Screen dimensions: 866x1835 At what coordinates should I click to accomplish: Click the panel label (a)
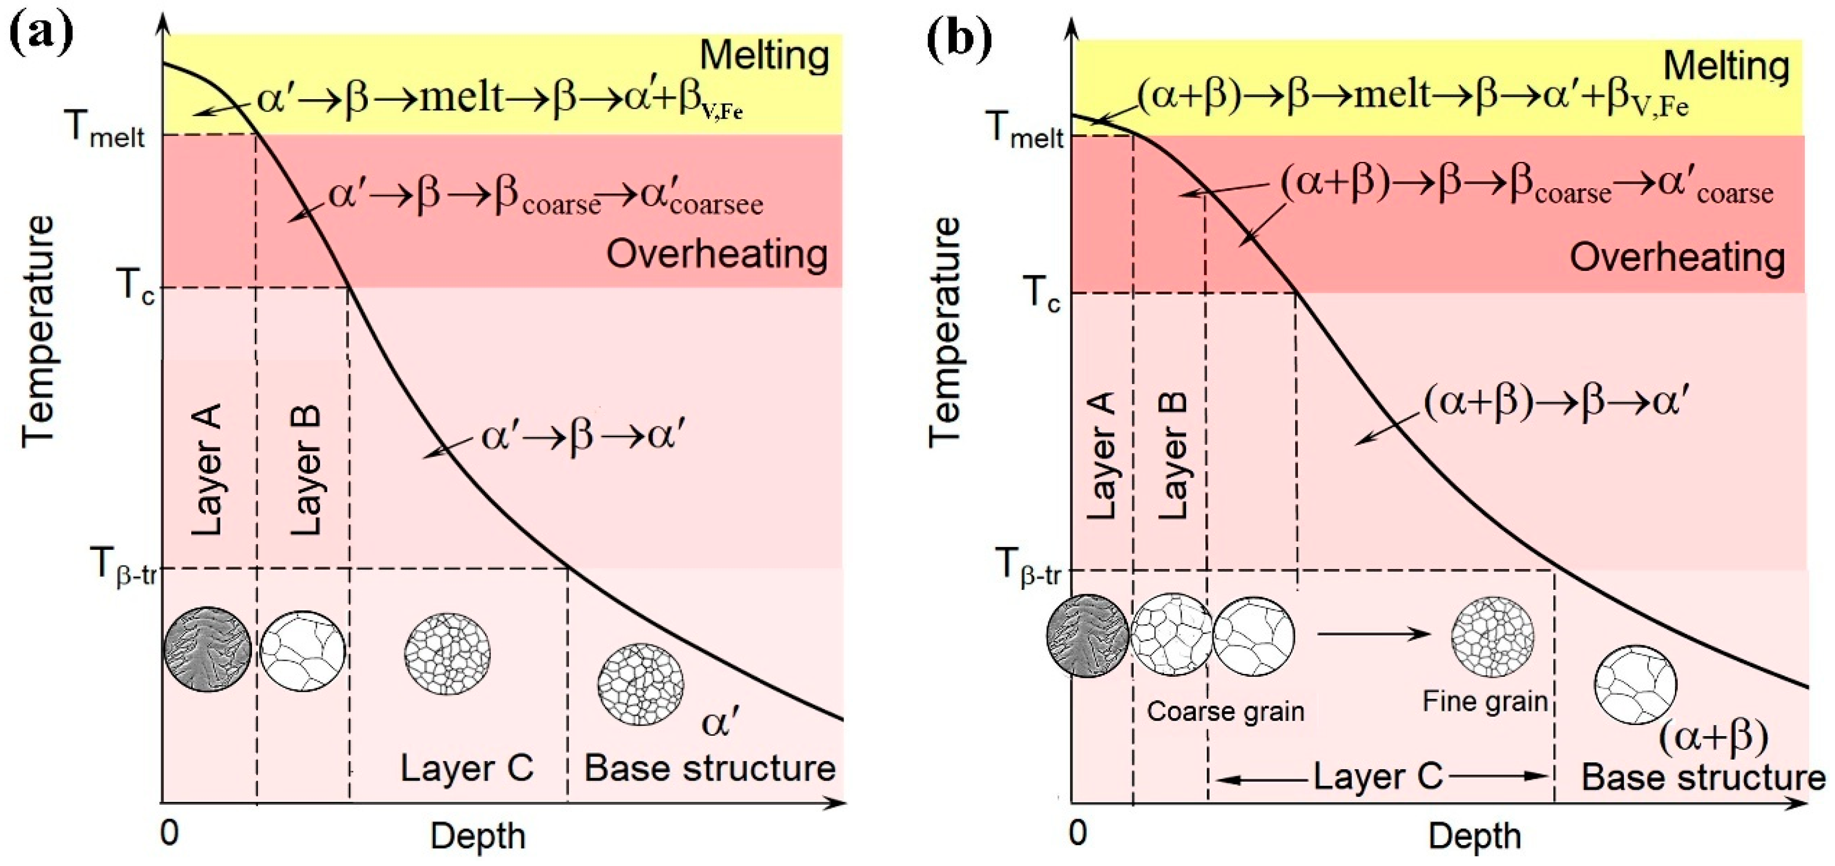[x=41, y=34]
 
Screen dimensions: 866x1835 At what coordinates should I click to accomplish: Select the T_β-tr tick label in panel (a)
[x=123, y=567]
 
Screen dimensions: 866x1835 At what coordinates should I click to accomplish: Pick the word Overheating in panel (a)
[x=717, y=253]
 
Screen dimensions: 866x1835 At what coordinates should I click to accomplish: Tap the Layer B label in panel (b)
[x=1172, y=455]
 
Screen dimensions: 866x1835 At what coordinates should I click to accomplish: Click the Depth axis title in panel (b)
[x=1475, y=835]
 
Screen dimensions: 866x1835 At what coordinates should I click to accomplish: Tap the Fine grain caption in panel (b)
[x=1485, y=702]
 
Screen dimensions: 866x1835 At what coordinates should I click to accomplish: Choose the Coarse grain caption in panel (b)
[x=1225, y=711]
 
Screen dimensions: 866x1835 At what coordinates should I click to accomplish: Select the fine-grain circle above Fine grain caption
[x=1493, y=636]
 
